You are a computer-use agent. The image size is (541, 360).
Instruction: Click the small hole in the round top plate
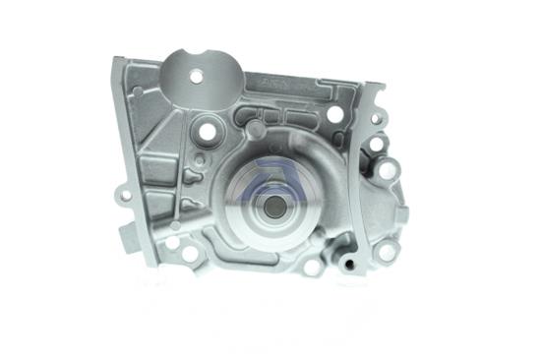click(x=196, y=76)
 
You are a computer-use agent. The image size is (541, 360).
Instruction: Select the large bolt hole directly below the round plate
click(x=210, y=129)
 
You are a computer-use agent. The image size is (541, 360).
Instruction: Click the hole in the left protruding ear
click(x=125, y=196)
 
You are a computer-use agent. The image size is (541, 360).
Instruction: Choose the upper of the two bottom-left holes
click(x=172, y=242)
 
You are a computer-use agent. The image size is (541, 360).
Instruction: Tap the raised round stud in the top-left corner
click(x=137, y=91)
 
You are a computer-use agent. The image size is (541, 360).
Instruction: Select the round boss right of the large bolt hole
click(x=256, y=128)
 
